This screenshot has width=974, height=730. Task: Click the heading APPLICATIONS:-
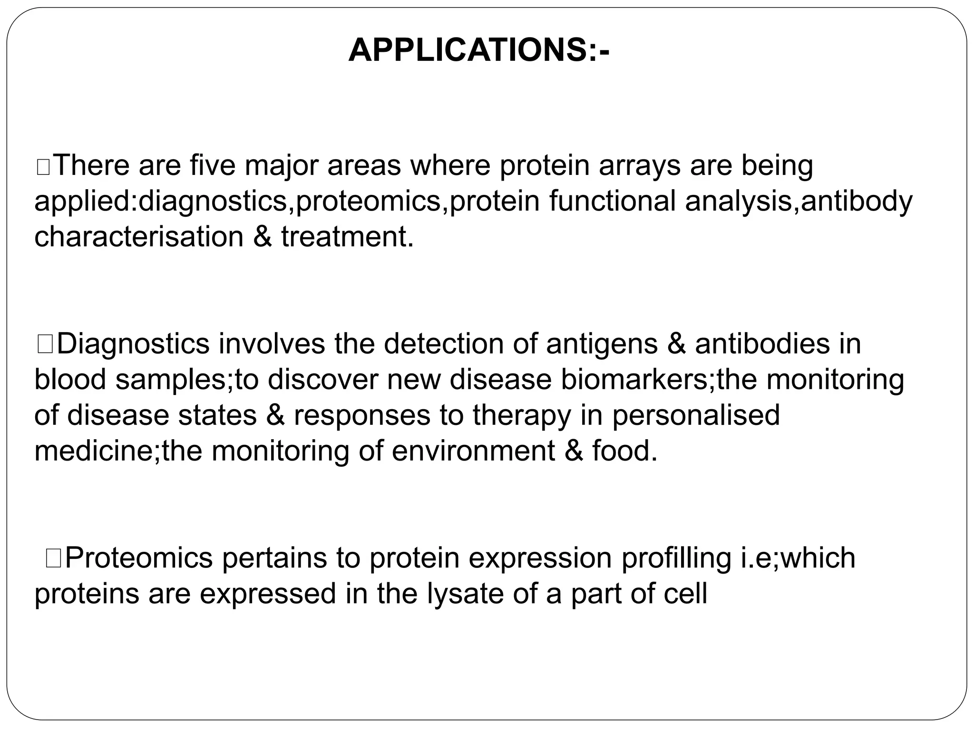click(478, 50)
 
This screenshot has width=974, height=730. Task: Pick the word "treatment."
click(347, 236)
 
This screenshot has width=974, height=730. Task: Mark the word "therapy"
click(521, 415)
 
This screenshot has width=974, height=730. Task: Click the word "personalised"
click(696, 415)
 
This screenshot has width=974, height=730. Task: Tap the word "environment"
click(473, 450)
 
